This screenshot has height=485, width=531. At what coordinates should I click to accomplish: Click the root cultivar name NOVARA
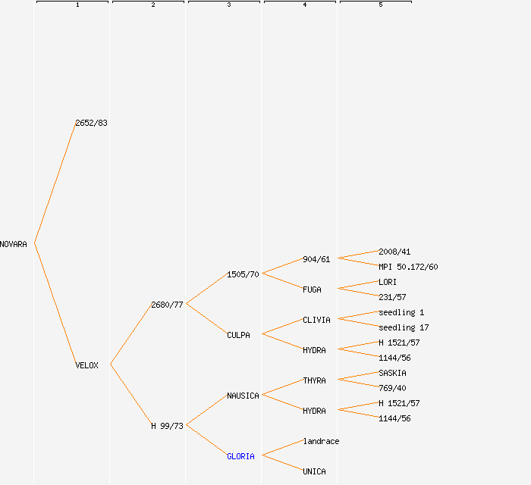coord(14,244)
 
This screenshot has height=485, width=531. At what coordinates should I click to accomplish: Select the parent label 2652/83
coord(91,123)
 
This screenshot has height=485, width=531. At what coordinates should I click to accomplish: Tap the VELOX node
coord(86,365)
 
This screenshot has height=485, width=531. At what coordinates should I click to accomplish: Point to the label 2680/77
coord(167,305)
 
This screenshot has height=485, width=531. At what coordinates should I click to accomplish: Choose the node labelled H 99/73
coord(167,426)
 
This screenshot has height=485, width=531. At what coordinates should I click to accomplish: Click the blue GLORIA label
coord(240,456)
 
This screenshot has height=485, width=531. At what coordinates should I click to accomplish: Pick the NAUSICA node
coord(243,396)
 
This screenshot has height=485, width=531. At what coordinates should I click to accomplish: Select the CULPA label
coord(238,335)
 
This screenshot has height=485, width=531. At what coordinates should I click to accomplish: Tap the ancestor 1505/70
coord(243,274)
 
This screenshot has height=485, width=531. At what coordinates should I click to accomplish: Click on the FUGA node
coord(312,289)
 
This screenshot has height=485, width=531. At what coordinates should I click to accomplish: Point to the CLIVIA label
coord(316,320)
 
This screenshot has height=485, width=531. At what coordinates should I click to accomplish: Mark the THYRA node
coord(314,380)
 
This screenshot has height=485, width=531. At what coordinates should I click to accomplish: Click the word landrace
coord(321,441)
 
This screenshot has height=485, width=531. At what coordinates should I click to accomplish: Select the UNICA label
coord(314,471)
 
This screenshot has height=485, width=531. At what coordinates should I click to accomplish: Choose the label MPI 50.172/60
coord(408,267)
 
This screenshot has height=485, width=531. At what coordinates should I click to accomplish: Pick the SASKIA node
coord(392,373)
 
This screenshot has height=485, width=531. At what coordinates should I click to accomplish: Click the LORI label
coord(388,282)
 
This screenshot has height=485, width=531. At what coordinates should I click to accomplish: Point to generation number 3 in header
coord(228,5)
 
